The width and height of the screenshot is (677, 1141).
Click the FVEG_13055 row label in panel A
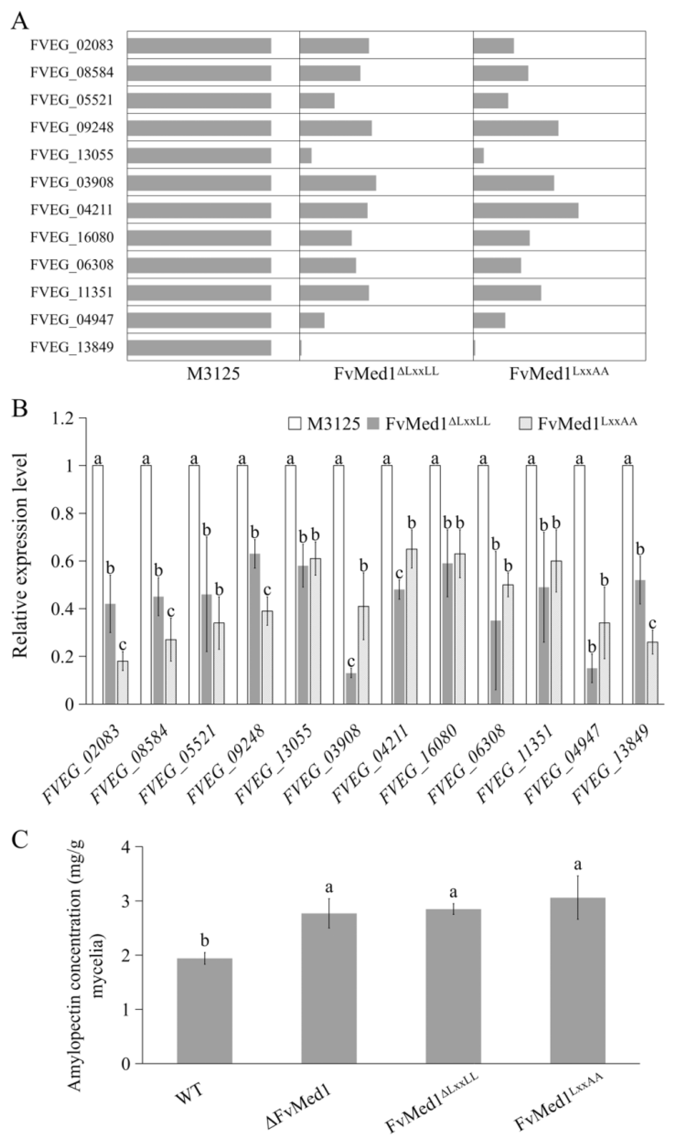pyautogui.click(x=72, y=155)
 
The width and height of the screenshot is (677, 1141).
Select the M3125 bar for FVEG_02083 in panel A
pyautogui.click(x=199, y=46)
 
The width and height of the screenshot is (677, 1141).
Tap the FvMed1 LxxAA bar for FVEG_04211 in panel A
pyautogui.click(x=526, y=210)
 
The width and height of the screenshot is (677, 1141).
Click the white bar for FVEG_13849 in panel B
pyautogui.click(x=627, y=584)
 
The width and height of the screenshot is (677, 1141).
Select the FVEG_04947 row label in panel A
pyautogui.click(x=72, y=320)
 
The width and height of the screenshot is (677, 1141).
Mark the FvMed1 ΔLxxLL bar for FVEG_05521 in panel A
pyautogui.click(x=317, y=101)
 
